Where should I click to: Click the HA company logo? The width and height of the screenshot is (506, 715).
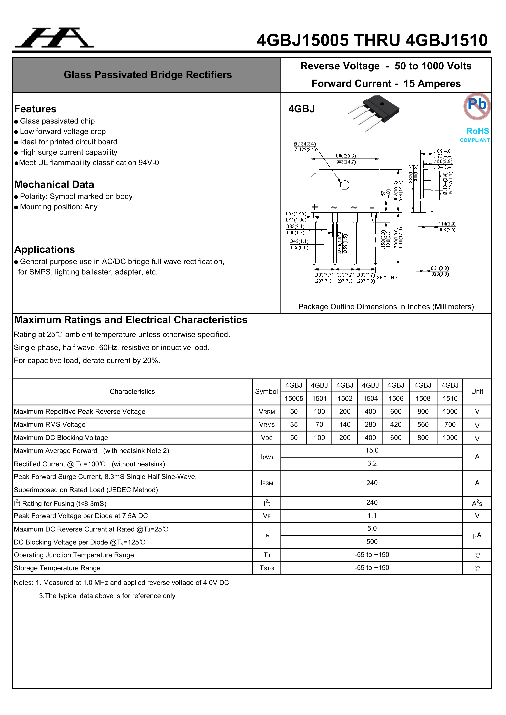pos(54,38)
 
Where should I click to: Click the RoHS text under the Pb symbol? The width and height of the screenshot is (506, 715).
pos(477,131)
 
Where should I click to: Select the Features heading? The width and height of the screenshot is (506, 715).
pos(35,109)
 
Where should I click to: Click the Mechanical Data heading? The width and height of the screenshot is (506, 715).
pos(54,184)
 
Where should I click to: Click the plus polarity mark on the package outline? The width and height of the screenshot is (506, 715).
pos(315,207)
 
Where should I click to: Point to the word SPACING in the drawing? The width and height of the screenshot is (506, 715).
pos(387,277)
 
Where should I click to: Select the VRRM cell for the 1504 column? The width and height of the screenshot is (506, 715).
pos(370,411)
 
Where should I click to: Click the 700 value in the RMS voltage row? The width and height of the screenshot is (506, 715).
pos(450,424)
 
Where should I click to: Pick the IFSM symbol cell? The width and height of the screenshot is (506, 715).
pos(267,483)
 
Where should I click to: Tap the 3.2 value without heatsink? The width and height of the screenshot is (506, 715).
pos(372,463)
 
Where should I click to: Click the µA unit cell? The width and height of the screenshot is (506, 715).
pos(477,535)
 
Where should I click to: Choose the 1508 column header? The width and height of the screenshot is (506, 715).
pos(423,398)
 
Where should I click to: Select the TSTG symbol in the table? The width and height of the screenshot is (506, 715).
pos(267,568)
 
